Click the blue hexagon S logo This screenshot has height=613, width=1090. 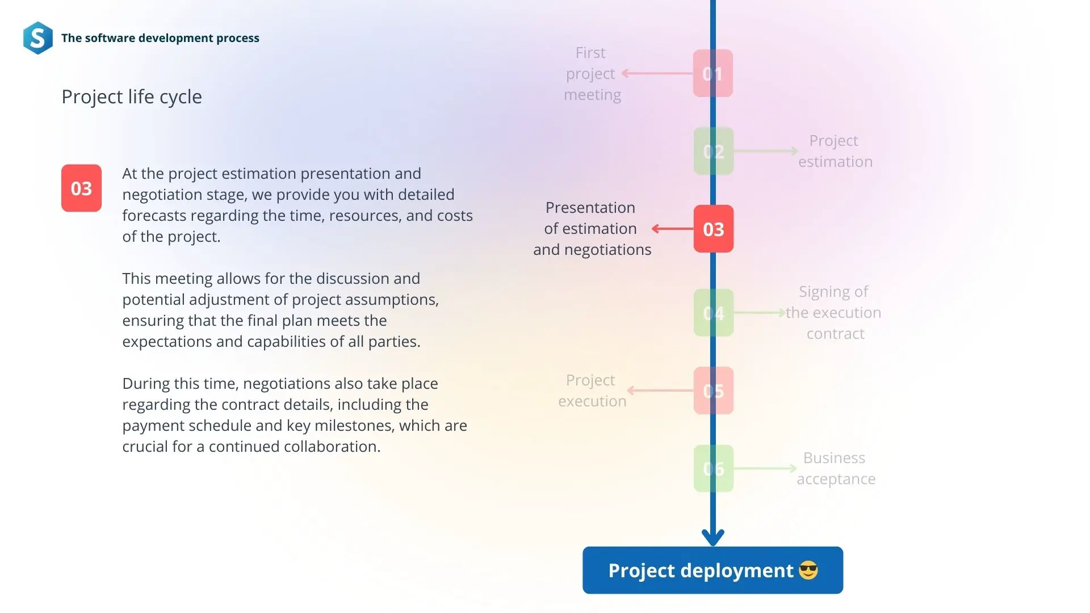[x=38, y=38]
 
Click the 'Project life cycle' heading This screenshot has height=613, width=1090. [x=132, y=97]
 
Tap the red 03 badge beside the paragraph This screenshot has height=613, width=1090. [x=81, y=188]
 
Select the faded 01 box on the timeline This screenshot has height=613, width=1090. [x=713, y=73]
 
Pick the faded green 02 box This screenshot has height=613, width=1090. [x=714, y=151]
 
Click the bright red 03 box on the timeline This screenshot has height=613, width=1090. [x=714, y=229]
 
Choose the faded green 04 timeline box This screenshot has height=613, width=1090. [x=714, y=313]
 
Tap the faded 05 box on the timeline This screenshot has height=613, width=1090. [x=714, y=391]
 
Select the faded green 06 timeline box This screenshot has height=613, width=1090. [x=714, y=468]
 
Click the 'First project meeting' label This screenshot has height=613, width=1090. [x=592, y=74]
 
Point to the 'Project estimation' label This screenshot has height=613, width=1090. [x=835, y=151]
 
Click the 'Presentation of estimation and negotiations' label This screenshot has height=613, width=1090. [x=592, y=229]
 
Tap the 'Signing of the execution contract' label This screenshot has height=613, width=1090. [x=833, y=313]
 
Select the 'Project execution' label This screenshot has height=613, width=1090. [x=592, y=391]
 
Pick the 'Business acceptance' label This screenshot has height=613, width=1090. [x=836, y=468]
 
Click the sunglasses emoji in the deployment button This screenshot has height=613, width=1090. [x=808, y=570]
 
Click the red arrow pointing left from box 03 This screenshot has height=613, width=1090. [x=673, y=229]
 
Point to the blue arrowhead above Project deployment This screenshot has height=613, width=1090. [x=713, y=536]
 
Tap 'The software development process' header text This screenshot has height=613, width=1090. [x=160, y=38]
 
